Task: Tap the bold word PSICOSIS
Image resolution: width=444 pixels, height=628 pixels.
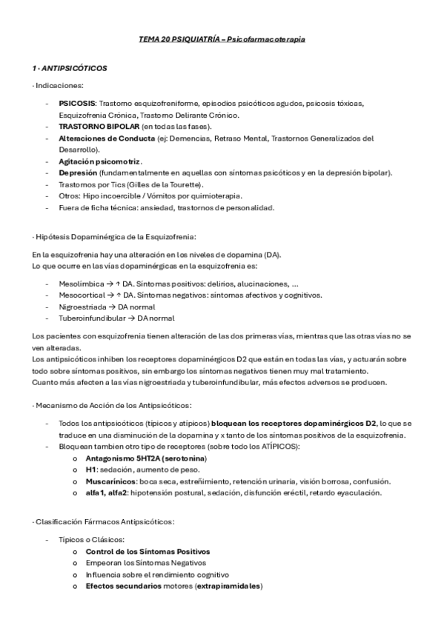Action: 77,104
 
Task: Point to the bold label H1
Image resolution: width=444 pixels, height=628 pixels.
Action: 90,470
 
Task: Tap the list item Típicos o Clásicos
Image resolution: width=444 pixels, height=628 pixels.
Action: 90,539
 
